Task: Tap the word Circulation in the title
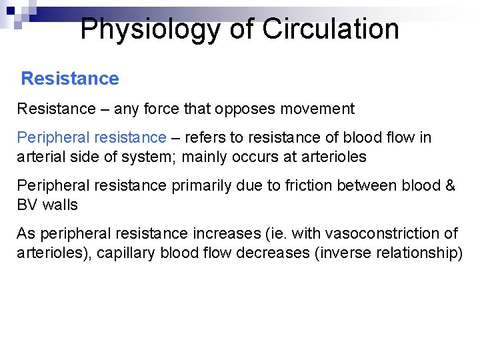(331, 29)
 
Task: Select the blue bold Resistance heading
(70, 79)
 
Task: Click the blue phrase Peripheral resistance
(91, 138)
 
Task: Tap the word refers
(205, 137)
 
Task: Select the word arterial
(39, 157)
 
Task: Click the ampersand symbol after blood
(450, 185)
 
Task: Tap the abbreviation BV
(27, 205)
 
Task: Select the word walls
(60, 205)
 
